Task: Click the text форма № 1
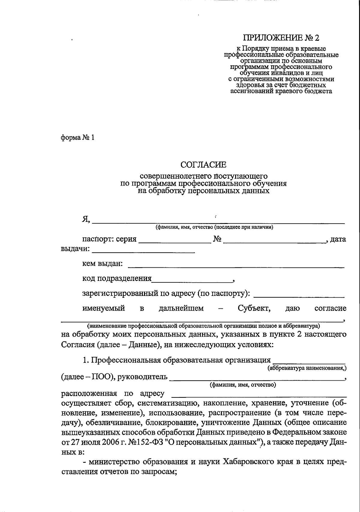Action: coord(78,138)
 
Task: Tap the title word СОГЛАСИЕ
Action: coord(203,165)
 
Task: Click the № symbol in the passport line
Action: coord(217,239)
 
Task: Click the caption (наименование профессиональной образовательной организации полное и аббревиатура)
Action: coord(203,326)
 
